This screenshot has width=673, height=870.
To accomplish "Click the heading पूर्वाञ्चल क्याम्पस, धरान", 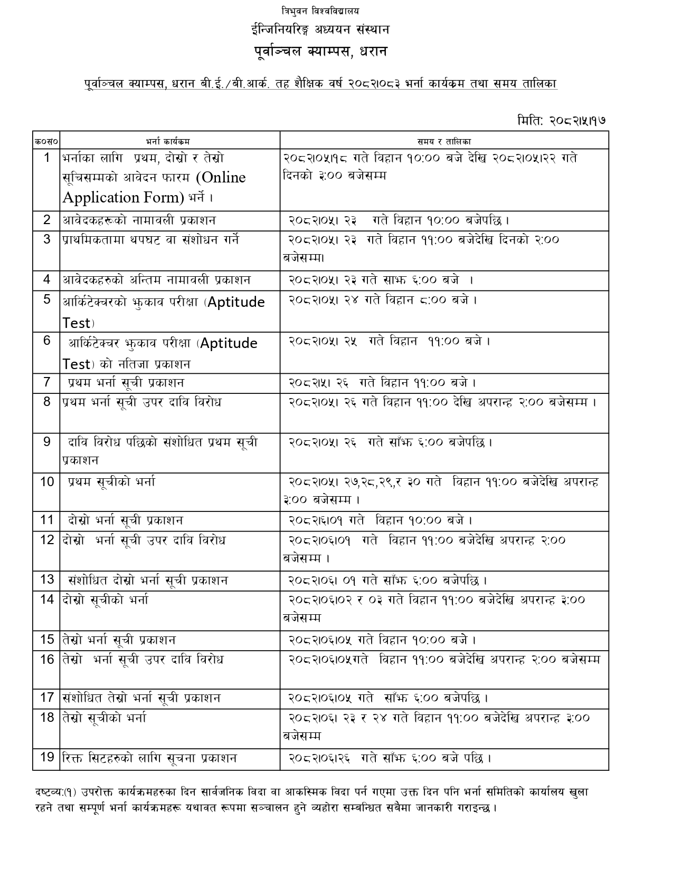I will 320,52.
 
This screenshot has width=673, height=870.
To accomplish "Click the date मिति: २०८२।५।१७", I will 561,120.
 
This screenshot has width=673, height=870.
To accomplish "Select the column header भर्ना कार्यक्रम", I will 168,141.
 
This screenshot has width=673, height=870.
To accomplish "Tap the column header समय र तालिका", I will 444,141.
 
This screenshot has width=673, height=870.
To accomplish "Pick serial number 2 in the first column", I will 47,220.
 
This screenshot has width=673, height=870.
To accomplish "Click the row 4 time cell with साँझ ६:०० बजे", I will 381,280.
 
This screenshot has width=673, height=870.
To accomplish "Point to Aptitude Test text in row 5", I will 164,312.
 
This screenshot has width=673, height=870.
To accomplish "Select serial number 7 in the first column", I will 47,382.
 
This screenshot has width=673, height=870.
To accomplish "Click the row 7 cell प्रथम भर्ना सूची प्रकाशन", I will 126,383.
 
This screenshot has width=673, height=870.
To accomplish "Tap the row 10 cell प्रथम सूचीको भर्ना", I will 111,482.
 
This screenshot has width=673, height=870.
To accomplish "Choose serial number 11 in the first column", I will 47,520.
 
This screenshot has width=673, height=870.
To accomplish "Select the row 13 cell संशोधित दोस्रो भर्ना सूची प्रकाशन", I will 148,581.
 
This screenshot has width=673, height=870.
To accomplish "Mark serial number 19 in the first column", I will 47,758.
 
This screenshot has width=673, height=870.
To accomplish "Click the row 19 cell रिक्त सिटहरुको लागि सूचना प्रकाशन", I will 149,758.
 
